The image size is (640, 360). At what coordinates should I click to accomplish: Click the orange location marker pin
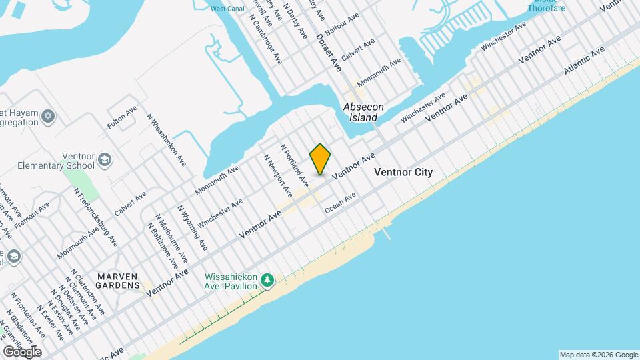[x=321, y=159]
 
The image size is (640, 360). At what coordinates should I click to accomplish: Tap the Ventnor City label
[x=403, y=172]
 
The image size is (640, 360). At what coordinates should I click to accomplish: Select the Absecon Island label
[x=361, y=112]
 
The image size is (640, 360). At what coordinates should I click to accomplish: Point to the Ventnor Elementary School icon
[x=105, y=159]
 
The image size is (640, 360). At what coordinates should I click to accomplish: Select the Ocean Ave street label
[x=341, y=203]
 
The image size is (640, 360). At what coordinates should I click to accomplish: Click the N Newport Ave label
[x=278, y=176]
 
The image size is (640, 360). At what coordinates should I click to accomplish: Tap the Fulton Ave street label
[x=122, y=117]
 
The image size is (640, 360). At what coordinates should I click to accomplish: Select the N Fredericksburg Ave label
[x=95, y=217]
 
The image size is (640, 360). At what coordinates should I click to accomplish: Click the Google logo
[x=22, y=352]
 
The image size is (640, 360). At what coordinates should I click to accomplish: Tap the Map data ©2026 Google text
[x=598, y=354]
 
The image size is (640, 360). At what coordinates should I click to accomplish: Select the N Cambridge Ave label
[x=266, y=40]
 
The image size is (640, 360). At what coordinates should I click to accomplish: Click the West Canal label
[x=227, y=9]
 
